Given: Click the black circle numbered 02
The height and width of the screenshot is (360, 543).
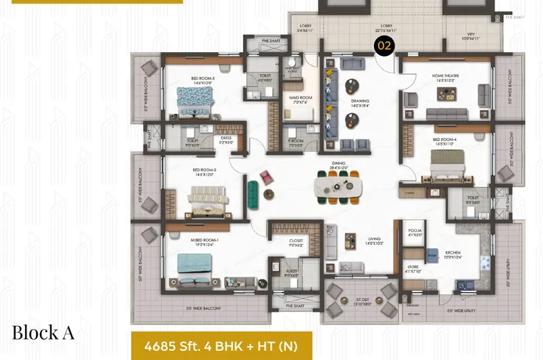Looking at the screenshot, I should pos(384,46).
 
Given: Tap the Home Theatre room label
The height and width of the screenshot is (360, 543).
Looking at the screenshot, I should pos(447,77).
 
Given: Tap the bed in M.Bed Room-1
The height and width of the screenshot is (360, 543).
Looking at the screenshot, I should pos(192,266).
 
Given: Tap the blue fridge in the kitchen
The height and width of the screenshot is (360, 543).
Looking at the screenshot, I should pos(433,257).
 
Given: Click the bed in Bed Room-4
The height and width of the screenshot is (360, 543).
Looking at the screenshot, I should pos(446,164).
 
